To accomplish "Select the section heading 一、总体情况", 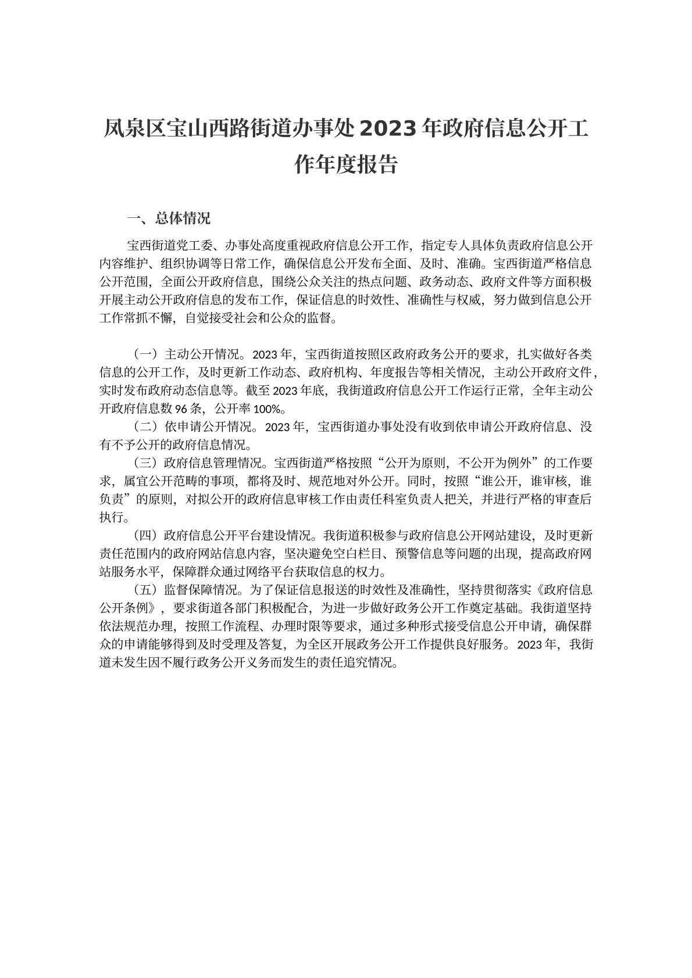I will point(169,218).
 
